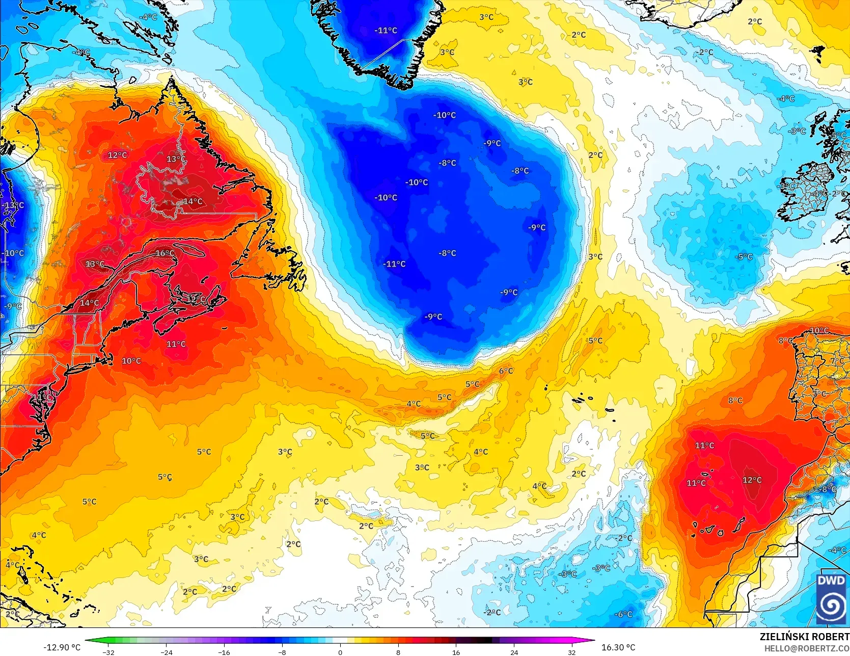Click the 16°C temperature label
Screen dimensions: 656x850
(x=165, y=253)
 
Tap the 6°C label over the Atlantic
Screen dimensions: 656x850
(x=506, y=371)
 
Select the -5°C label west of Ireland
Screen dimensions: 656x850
(x=744, y=256)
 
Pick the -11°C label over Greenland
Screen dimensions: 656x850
(x=386, y=31)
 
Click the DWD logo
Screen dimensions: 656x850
(x=831, y=598)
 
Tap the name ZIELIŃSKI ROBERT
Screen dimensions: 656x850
(x=804, y=637)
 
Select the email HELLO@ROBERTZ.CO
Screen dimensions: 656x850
(x=806, y=648)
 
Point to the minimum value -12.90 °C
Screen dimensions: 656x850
(x=62, y=647)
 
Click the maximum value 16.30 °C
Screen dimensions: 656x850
(x=618, y=647)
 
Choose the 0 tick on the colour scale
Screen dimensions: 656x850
(x=340, y=652)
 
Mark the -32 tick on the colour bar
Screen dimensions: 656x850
(x=108, y=652)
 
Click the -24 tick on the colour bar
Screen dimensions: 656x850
(x=167, y=652)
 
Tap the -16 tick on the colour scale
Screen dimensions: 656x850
(x=224, y=652)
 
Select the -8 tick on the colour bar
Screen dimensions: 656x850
(x=282, y=652)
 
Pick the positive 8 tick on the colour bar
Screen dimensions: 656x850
(x=398, y=652)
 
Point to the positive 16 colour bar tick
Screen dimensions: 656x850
(x=456, y=652)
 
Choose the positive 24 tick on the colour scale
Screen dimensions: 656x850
(x=514, y=652)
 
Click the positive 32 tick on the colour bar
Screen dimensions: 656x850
(x=572, y=652)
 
